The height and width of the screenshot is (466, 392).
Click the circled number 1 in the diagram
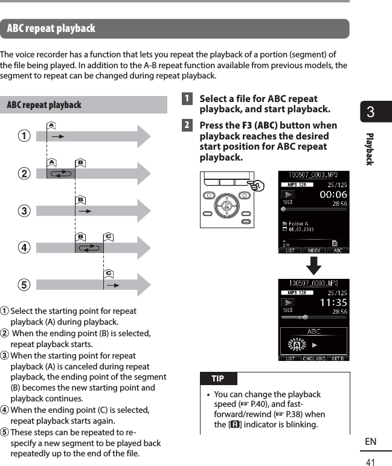(x=24, y=136)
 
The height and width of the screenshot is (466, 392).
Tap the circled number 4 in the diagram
(x=24, y=247)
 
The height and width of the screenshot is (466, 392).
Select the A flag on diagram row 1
(x=51, y=125)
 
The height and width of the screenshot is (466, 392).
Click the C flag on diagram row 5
(x=108, y=273)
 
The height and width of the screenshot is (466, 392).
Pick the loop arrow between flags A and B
(x=62, y=173)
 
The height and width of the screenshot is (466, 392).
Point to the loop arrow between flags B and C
(x=90, y=247)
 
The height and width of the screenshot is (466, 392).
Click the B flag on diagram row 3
(x=80, y=199)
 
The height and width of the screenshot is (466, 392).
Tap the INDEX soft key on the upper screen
(x=314, y=250)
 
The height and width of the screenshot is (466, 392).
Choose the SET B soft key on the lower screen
(x=338, y=358)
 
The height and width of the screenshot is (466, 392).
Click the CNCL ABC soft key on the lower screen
(x=314, y=358)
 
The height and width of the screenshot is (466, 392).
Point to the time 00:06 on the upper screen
(x=333, y=194)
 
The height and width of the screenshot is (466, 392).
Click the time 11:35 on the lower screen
(x=333, y=302)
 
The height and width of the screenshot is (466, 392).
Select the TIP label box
(x=218, y=378)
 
